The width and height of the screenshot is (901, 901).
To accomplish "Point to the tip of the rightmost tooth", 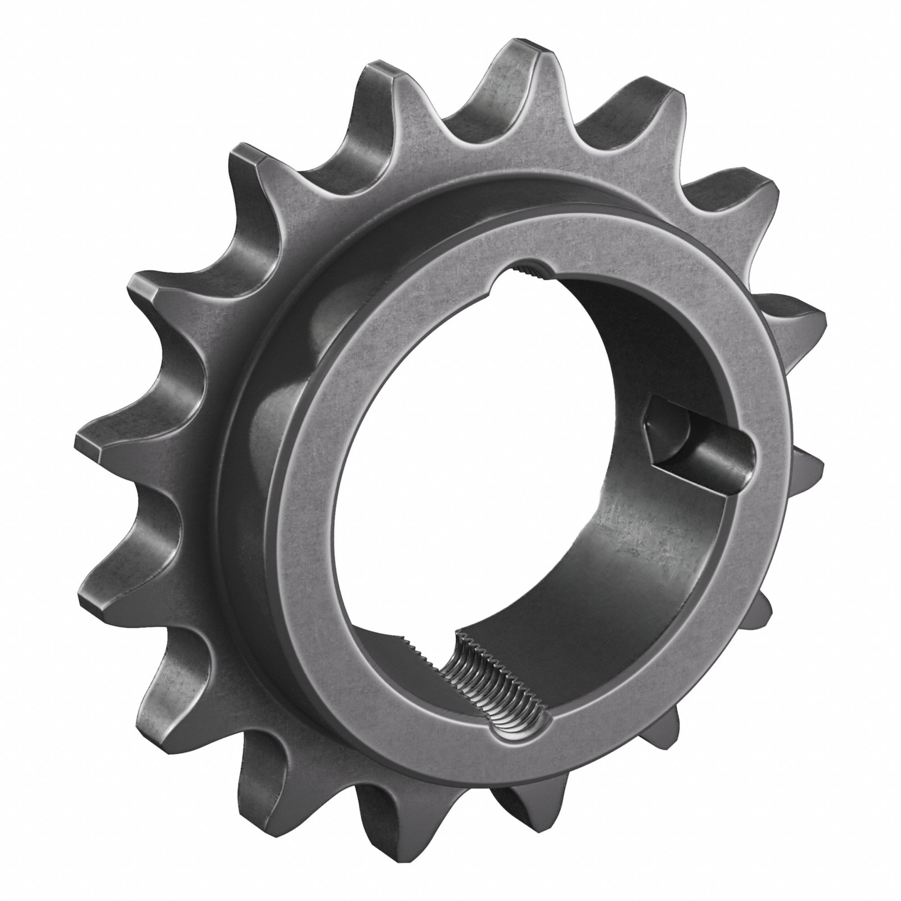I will click(819, 322).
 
